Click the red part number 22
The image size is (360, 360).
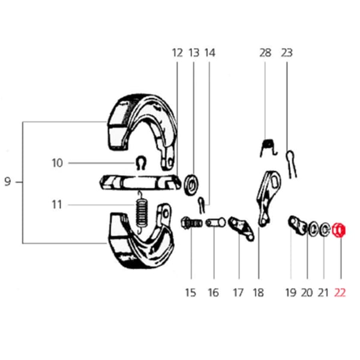(x=340, y=293)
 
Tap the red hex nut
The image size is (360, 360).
(x=339, y=230)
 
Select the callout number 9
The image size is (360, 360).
(x=8, y=182)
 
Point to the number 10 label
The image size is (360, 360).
(x=58, y=163)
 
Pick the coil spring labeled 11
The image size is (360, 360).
(x=141, y=212)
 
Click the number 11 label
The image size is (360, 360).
(x=57, y=205)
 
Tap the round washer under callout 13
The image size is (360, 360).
(x=191, y=185)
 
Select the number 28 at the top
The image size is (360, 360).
(x=265, y=53)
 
